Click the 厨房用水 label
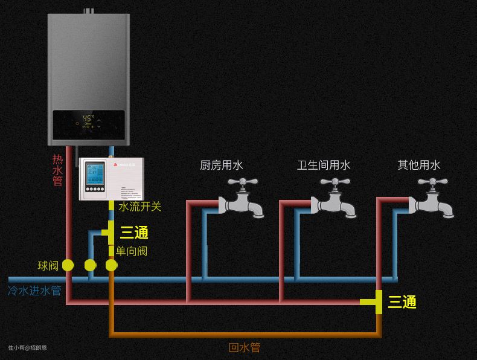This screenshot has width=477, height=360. pyautogui.click(x=222, y=165)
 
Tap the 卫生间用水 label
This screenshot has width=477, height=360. pyautogui.click(x=324, y=165)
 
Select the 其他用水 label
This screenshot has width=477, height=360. pyautogui.click(x=419, y=165)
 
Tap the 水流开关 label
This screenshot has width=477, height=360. pyautogui.click(x=140, y=207)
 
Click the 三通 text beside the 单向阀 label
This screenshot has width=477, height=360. pyautogui.click(x=134, y=233)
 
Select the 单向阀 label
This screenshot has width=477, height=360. pyautogui.click(x=132, y=251)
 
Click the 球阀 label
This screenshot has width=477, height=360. pyautogui.click(x=48, y=266)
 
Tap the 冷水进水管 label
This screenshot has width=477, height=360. pyautogui.click(x=34, y=291)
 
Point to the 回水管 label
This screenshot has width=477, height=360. pyautogui.click(x=245, y=348)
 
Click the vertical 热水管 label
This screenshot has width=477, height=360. pyautogui.click(x=57, y=170)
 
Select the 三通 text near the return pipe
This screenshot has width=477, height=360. pyautogui.click(x=402, y=302)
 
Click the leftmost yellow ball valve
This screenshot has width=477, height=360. pyautogui.click(x=68, y=265)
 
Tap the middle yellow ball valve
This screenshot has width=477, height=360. pyautogui.click(x=90, y=265)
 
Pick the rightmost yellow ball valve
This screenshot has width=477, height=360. pyautogui.click(x=111, y=265)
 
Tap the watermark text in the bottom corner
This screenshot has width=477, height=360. pyautogui.click(x=27, y=347)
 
